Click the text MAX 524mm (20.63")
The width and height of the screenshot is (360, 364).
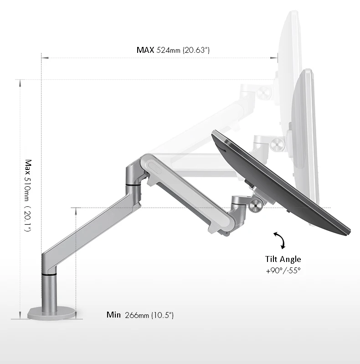tap(173, 50)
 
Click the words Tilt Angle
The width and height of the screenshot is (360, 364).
tap(283, 259)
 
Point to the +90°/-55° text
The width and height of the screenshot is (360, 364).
tap(283, 270)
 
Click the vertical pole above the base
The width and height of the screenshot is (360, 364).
tap(50, 292)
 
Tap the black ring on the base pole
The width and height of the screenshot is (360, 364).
tap(50, 274)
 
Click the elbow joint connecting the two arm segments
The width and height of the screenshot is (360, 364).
tap(134, 175)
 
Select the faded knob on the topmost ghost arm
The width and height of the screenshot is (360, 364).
tap(263, 93)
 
